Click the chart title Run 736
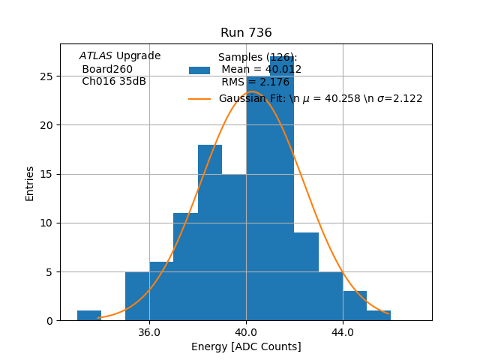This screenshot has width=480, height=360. [246, 33]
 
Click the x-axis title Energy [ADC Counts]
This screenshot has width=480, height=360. [246, 346]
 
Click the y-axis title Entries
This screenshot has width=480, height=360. [30, 182]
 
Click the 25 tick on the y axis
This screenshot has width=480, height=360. [46, 76]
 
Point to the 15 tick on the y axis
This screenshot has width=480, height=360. [46, 174]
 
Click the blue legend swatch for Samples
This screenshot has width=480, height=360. [199, 70]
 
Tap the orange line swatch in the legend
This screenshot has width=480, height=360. [199, 99]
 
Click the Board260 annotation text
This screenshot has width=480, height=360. [107, 69]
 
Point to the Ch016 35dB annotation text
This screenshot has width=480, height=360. [114, 82]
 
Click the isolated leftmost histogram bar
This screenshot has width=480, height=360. [89, 316]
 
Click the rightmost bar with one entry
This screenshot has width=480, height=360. [379, 316]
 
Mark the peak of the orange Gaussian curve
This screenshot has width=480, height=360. [252, 91]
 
